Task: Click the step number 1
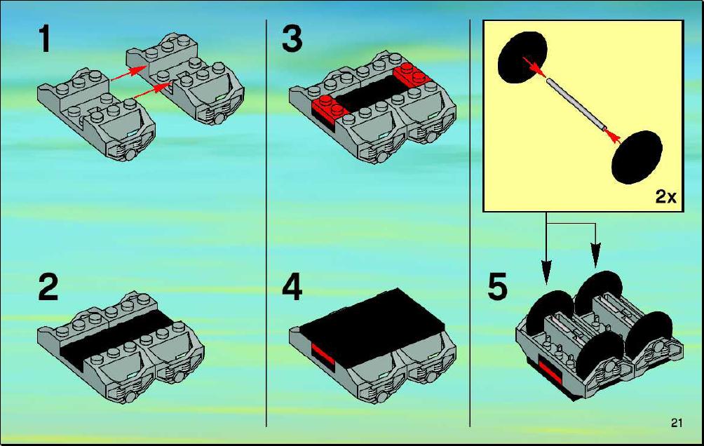tap(44, 39)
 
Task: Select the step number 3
tap(292, 39)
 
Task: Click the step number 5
tap(497, 287)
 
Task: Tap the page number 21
tap(677, 422)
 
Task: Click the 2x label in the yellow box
tap(665, 196)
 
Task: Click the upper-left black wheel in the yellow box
tap(522, 58)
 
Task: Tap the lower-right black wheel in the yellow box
tap(637, 157)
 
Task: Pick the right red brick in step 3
tap(412, 76)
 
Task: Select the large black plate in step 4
tap(372, 326)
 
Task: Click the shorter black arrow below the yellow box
tap(595, 245)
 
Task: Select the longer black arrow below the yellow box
tap(546, 248)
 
